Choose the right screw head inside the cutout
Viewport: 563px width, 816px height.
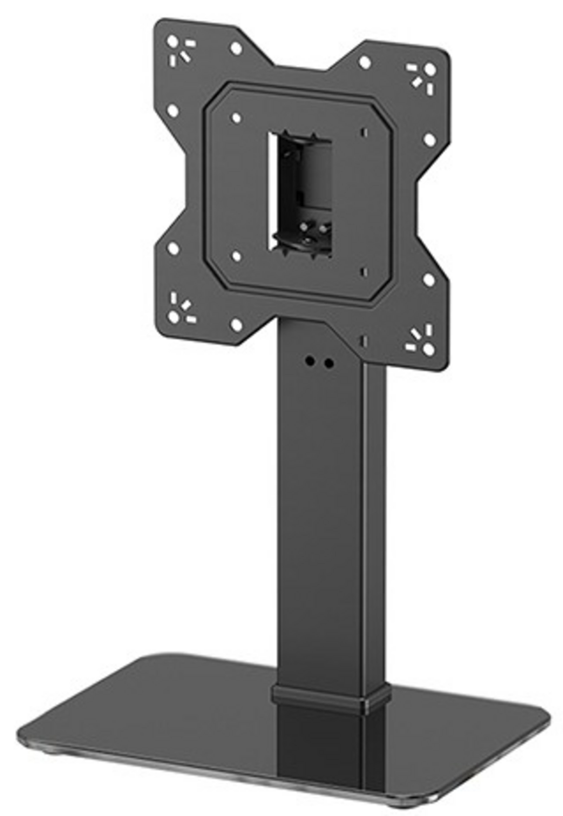pyautogui.click(x=322, y=229)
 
